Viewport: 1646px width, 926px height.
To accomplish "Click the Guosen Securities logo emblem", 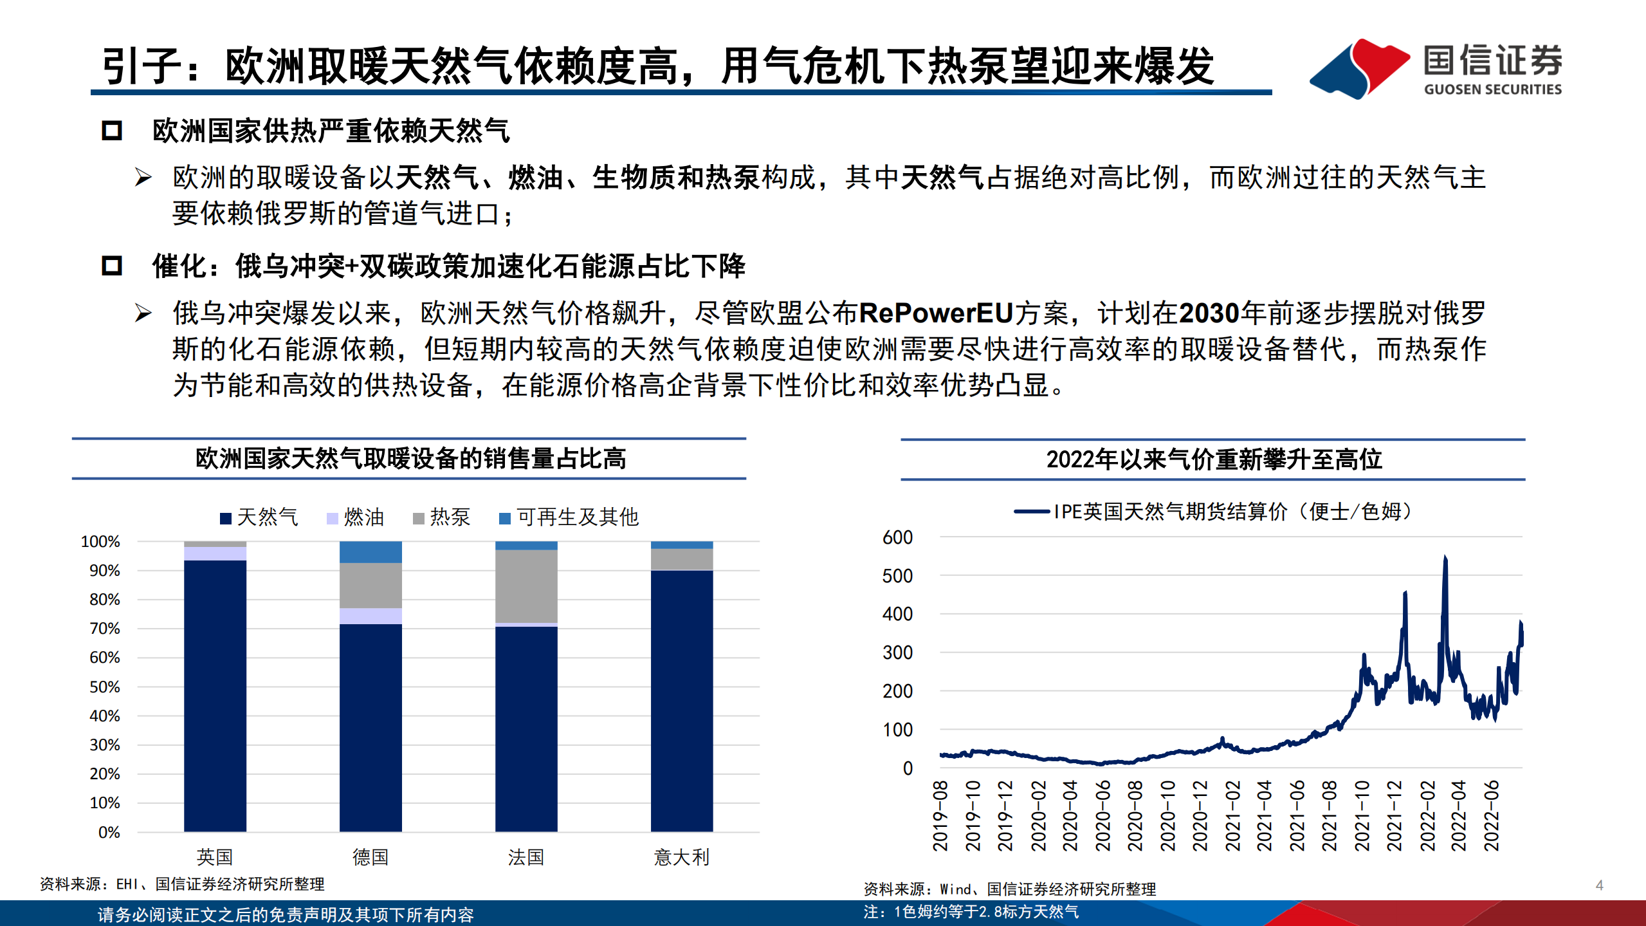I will pyautogui.click(x=1358, y=68).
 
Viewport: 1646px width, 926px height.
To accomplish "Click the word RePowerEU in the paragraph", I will pyautogui.click(x=936, y=313).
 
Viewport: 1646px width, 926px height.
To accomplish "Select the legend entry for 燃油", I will pyautogui.click(x=356, y=517).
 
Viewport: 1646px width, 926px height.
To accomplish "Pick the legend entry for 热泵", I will pyautogui.click(x=442, y=517).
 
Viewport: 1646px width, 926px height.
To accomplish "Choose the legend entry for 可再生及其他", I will pyautogui.click(x=569, y=517).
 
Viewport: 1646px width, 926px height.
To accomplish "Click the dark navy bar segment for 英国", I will pyautogui.click(x=215, y=695).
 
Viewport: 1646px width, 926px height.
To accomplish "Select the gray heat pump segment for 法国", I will pyautogui.click(x=526, y=586).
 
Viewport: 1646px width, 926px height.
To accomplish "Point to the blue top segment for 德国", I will pyautogui.click(x=370, y=552).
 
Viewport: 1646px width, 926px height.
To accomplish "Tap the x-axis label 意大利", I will pyautogui.click(x=681, y=857).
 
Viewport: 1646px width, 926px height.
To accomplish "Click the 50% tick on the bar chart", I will pyautogui.click(x=105, y=687).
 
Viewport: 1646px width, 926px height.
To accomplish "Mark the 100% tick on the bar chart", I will pyautogui.click(x=101, y=542).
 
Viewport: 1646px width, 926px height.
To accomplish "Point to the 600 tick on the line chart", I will pyautogui.click(x=897, y=537).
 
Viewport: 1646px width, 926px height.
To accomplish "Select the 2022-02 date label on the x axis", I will pyautogui.click(x=1427, y=815).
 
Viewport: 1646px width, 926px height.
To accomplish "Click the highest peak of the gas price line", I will pyautogui.click(x=1445, y=557).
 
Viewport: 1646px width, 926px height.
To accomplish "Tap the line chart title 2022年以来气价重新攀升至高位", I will pyautogui.click(x=1214, y=459).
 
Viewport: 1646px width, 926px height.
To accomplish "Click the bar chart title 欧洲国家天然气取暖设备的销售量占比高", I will pyautogui.click(x=410, y=459).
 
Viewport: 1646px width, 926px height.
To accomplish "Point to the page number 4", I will pyautogui.click(x=1599, y=885).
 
